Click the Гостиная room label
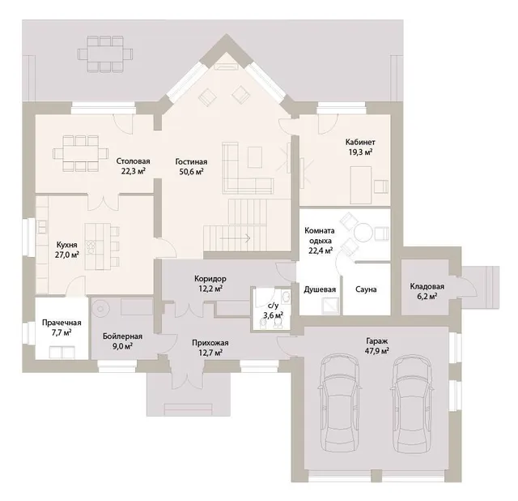pos(191,162)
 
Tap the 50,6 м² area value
pos(191,172)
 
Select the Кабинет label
pos(360,143)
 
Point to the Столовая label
pos(133,161)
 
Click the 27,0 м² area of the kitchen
pos(66,255)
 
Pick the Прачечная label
pos(62,323)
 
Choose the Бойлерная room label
pos(122,336)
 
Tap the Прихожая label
pos(210,343)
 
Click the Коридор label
pos(210,279)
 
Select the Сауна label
pos(366,289)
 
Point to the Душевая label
pos(320,289)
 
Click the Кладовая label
pos(427,286)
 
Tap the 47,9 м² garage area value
pos(377,351)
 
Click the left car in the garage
pos(340,404)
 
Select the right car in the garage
pos(412,404)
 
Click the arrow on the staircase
pos(235,238)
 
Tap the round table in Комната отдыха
pos(363,233)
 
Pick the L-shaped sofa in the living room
pos(248,168)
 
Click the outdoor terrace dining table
pos(105,54)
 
